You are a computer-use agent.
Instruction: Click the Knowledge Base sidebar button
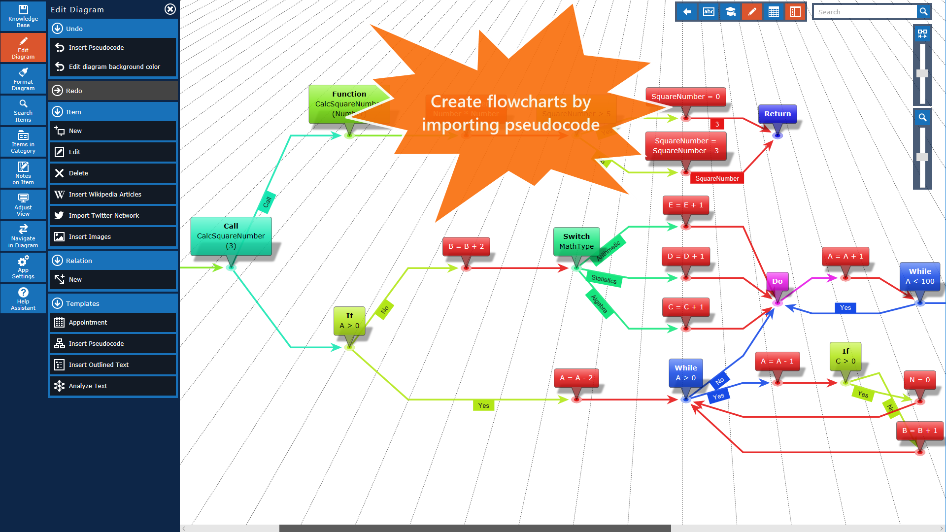click(23, 16)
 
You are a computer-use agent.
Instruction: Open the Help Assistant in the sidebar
click(23, 299)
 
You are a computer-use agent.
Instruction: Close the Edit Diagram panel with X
click(170, 9)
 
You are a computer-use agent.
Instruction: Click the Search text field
click(865, 12)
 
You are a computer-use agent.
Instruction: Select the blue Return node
click(777, 114)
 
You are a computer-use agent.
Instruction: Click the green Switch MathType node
click(576, 241)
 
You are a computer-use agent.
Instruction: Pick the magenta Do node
click(777, 281)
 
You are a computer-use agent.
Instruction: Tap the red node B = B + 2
click(466, 246)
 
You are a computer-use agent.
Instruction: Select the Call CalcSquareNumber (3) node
click(231, 236)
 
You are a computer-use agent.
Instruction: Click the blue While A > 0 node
click(685, 373)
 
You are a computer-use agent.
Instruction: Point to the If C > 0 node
click(845, 356)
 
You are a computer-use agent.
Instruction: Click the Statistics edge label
click(604, 279)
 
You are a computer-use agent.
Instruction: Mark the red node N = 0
click(919, 380)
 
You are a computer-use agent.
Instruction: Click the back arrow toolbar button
click(687, 12)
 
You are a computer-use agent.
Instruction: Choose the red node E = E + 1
click(685, 205)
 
